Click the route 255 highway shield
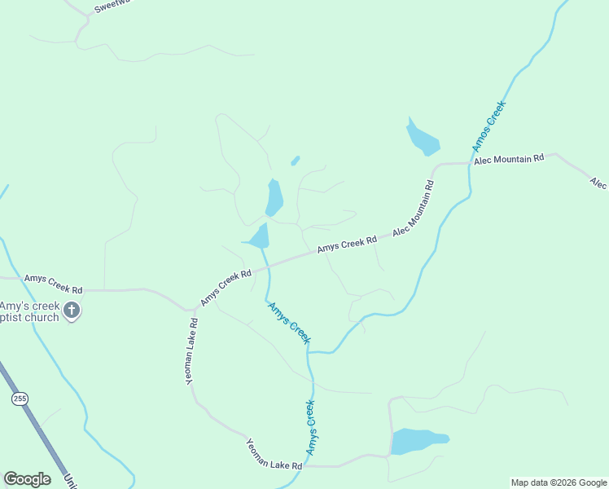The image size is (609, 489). click(x=20, y=399)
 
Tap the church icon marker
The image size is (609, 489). click(x=72, y=311)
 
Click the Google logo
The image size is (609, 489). click(x=27, y=479)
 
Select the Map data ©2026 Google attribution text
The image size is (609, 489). click(x=559, y=482)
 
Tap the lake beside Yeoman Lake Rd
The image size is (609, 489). click(x=417, y=441)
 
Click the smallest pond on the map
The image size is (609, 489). click(x=295, y=161)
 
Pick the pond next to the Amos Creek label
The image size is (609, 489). click(x=423, y=139)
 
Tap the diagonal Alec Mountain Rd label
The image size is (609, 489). click(x=414, y=209)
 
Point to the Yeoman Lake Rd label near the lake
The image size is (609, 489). click(x=274, y=454)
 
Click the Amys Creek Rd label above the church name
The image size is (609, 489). click(x=54, y=284)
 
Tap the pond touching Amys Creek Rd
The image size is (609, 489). click(x=260, y=237)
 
